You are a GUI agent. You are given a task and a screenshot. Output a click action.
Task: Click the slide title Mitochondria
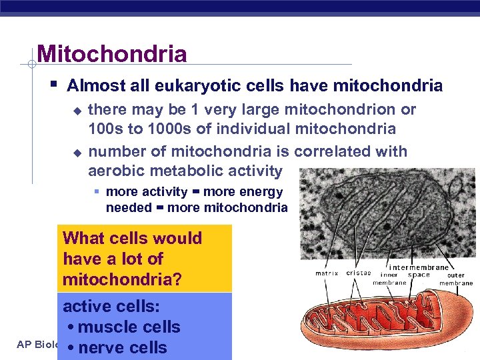click(x=112, y=53)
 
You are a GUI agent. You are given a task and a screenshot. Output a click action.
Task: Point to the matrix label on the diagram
click(x=327, y=273)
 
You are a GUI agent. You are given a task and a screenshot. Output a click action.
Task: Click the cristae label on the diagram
click(x=359, y=273)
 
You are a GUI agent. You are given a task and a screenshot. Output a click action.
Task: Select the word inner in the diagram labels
click(x=389, y=275)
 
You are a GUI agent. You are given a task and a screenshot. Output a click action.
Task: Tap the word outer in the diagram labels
click(x=456, y=275)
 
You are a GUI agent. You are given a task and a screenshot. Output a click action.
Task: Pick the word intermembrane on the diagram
click(x=419, y=267)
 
